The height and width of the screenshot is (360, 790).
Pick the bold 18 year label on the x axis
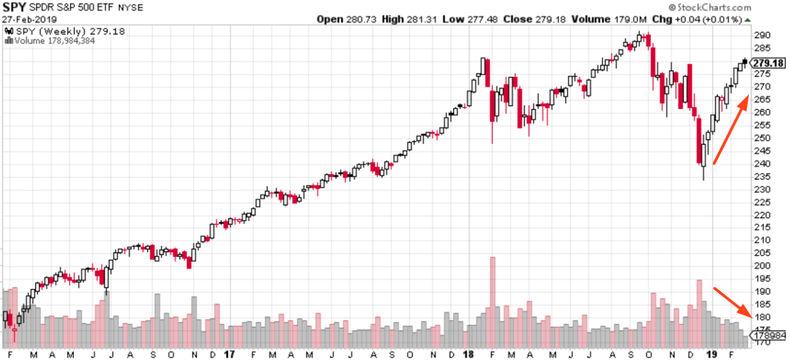pyautogui.click(x=470, y=354)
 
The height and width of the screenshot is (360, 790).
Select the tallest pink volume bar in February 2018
pyautogui.click(x=492, y=296)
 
